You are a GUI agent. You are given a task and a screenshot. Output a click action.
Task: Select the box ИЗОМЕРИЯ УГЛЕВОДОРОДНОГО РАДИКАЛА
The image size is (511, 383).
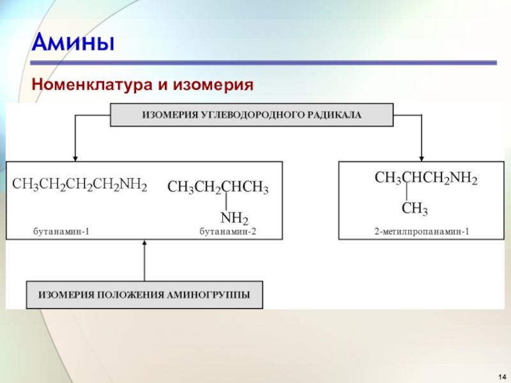[252, 115]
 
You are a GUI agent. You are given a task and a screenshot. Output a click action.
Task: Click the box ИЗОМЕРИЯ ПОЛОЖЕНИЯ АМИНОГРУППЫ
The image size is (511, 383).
[144, 295]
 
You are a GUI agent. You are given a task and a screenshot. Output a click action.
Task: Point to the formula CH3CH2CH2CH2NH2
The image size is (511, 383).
[80, 186]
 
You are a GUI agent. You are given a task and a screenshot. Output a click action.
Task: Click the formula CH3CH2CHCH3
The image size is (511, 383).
[218, 188]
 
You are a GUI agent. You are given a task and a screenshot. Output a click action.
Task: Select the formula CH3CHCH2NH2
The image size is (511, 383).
[425, 179]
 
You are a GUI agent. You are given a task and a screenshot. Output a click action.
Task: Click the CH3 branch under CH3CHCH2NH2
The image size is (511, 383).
[415, 209]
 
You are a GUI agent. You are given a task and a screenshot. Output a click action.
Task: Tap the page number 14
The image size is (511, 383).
[500, 373]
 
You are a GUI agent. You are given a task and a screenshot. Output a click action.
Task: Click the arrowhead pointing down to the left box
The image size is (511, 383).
[75, 157]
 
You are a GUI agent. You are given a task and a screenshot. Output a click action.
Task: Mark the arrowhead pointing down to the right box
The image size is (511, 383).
[422, 157]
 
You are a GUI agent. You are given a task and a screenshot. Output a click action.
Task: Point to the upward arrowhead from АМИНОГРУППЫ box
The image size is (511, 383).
[144, 243]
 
